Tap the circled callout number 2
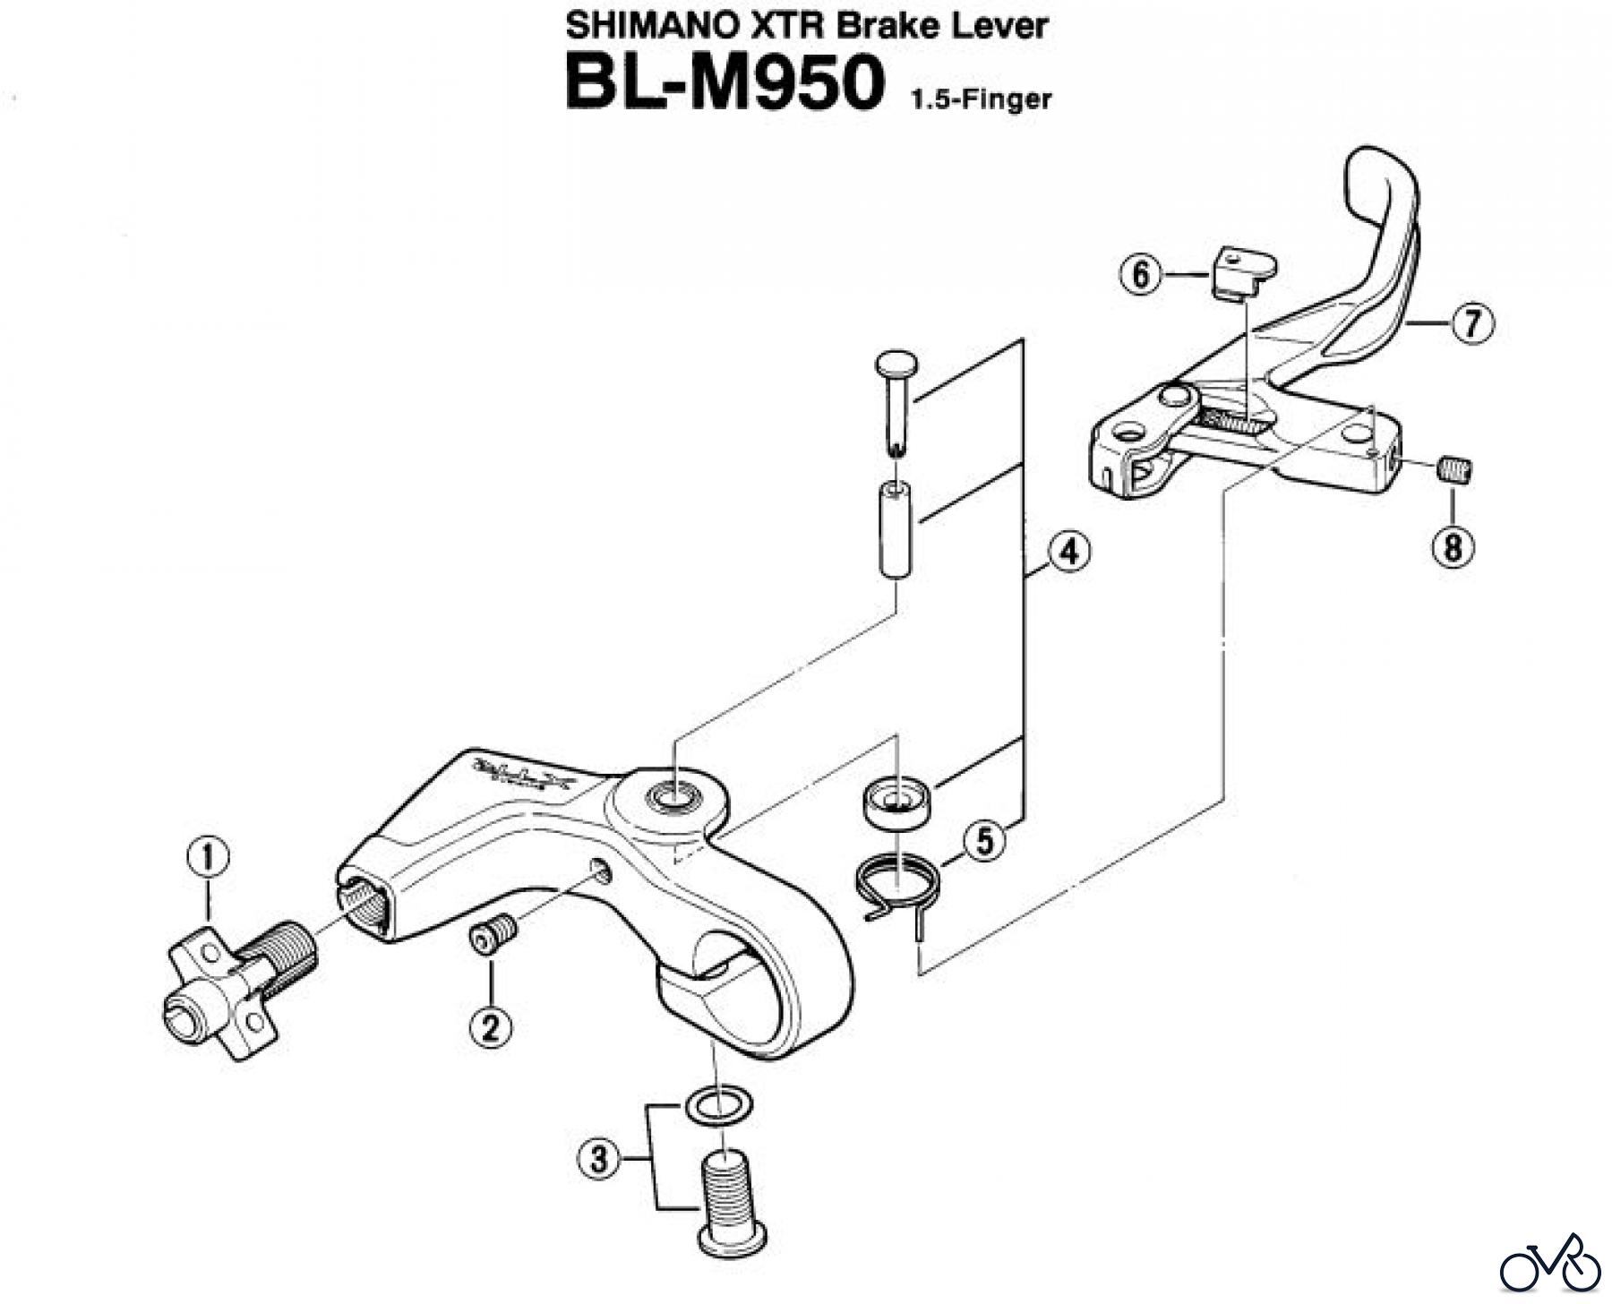pos(491,1026)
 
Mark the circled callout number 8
pos(1452,545)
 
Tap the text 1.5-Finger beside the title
pos(981,99)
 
